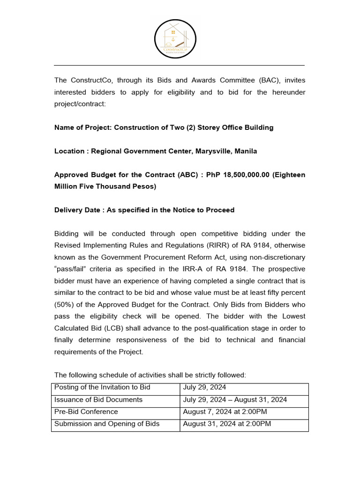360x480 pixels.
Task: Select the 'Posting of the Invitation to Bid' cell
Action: [102, 387]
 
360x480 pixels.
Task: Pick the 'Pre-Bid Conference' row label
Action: [86, 412]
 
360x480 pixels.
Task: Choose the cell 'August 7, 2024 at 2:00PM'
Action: [225, 412]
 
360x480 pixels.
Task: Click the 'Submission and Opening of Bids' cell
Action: [107, 424]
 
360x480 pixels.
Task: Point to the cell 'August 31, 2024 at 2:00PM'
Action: [227, 424]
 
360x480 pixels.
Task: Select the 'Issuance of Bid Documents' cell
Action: [98, 399]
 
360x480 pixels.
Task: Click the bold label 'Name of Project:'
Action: [83, 127]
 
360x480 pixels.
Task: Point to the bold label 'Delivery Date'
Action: [78, 210]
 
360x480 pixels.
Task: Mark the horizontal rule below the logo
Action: [180, 65]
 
